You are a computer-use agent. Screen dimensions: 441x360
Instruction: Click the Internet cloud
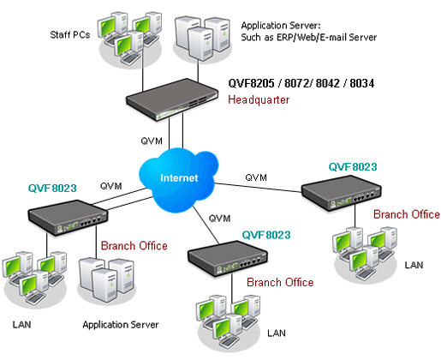click(x=178, y=179)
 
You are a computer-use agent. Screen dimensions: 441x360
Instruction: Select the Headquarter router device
click(x=172, y=99)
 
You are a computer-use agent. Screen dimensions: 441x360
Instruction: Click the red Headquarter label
click(x=259, y=99)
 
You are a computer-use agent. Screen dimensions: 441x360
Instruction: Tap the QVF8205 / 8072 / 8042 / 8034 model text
click(x=301, y=83)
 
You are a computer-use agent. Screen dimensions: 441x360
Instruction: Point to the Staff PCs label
click(x=70, y=35)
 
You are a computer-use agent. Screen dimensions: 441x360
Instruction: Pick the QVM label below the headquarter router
click(x=152, y=141)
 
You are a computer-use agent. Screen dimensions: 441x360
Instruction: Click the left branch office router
click(x=68, y=217)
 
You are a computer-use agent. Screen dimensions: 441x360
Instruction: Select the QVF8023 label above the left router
click(x=52, y=189)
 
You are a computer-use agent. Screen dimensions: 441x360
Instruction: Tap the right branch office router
click(x=342, y=193)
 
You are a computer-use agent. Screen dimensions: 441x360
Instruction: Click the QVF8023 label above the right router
click(x=353, y=167)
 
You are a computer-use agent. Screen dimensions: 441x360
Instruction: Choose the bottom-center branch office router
click(x=228, y=258)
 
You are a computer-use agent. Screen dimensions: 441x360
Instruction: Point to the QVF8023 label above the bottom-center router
click(x=266, y=235)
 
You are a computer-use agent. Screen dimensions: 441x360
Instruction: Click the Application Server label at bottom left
click(x=121, y=325)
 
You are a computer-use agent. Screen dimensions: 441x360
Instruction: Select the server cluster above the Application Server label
click(x=106, y=279)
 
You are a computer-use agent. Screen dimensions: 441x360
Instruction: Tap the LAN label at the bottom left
click(x=21, y=325)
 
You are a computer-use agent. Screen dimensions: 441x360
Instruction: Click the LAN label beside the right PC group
click(x=414, y=265)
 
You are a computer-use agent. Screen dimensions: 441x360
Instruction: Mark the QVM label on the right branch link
click(x=256, y=177)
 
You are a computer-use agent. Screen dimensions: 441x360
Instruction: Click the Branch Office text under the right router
click(x=407, y=214)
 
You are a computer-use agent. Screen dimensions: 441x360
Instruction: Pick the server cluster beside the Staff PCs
click(x=203, y=39)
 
